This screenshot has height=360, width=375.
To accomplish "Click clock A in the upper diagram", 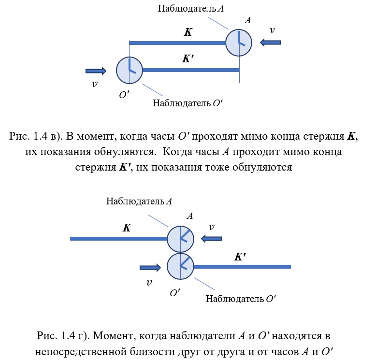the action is point(239,43).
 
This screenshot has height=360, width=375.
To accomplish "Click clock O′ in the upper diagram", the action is point(130,71).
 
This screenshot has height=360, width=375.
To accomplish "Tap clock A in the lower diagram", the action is point(180,239).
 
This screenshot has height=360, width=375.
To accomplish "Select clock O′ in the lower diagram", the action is point(180,266).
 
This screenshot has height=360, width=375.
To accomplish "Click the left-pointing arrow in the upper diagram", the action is point(270,43).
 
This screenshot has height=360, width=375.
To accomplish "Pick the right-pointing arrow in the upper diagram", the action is point(96,71).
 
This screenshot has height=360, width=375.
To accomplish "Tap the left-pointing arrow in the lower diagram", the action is point(211,239).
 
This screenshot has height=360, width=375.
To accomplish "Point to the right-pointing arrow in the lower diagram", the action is point(150,267).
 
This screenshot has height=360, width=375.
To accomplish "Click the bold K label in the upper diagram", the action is point(188,32).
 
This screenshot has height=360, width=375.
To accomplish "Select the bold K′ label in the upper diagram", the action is point(188,58).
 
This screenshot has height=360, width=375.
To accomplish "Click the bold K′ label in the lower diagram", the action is point(240,257).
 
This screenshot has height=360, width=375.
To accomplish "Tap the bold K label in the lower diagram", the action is point(127,228).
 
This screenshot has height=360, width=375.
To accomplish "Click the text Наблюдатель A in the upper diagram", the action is point(191,9).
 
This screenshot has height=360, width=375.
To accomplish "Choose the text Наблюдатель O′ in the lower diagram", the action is point(241,299).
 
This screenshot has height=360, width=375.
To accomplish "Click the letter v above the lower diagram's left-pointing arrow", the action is point(212,227).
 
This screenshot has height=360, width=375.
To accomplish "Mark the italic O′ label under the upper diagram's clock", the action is point(124,95).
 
